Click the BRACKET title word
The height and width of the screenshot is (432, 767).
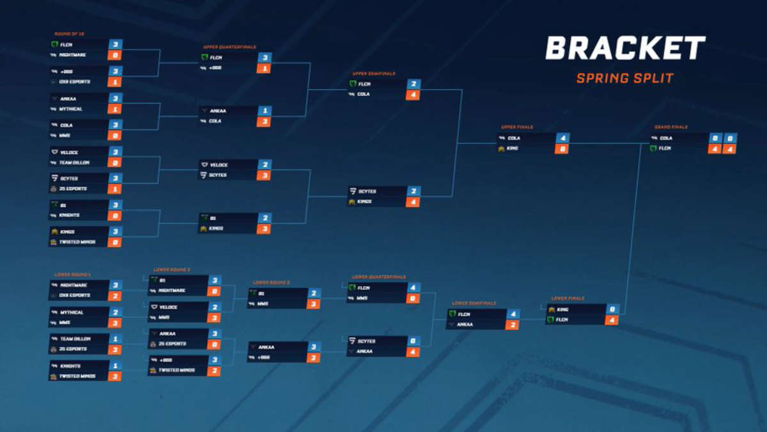coord(624,49)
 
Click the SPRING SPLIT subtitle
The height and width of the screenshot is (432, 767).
coord(624,79)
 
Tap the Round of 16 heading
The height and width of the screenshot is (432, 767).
coord(68,34)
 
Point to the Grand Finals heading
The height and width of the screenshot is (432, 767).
coord(670,127)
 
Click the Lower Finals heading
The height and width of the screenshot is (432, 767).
coord(568,298)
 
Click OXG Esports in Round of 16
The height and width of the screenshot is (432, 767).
coord(75,82)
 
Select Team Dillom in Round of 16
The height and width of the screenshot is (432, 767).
coord(75,163)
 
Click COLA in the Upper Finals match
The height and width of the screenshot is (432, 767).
coord(514,138)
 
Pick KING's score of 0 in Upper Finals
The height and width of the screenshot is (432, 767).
coord(562,148)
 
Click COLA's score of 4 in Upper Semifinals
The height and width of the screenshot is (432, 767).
coord(412,95)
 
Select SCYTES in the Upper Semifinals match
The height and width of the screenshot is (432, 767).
coord(367,191)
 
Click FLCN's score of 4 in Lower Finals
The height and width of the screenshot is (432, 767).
coord(611,319)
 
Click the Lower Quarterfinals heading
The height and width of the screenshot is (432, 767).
coord(378,277)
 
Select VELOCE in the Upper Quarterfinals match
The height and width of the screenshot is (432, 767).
coord(219,165)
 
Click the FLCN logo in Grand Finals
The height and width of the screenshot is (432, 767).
coord(654,148)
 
